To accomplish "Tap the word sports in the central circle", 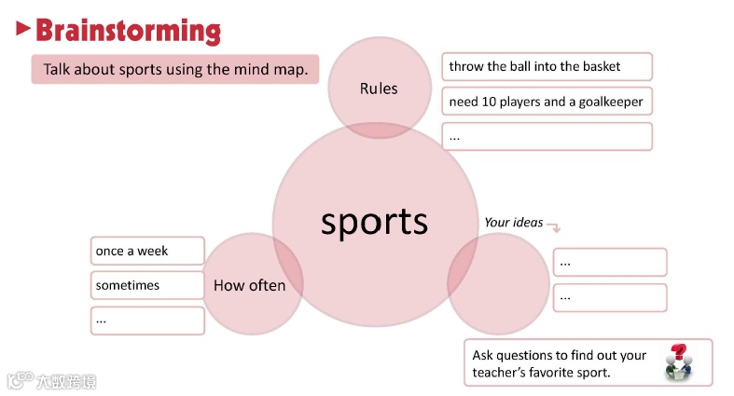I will click(x=374, y=222).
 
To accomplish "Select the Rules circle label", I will click(x=379, y=89).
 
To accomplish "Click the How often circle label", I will click(x=249, y=285).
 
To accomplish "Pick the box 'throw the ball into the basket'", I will click(x=547, y=66).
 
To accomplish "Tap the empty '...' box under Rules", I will click(x=547, y=136).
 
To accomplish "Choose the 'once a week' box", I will click(x=147, y=251).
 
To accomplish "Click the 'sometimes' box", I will click(x=147, y=285).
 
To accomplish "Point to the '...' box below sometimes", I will click(x=147, y=321).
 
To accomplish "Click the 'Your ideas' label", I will click(x=513, y=222).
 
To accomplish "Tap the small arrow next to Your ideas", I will click(x=553, y=226).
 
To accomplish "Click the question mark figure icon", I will click(x=678, y=362).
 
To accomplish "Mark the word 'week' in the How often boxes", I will click(x=153, y=251).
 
